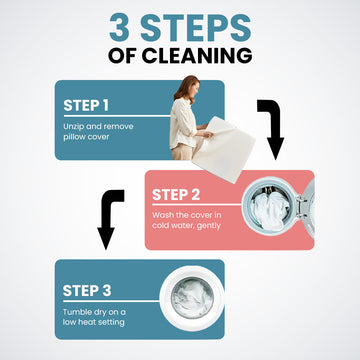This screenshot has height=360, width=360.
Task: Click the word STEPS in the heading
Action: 196,28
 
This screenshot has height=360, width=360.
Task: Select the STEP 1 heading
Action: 86,105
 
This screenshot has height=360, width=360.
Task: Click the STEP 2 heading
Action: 176,195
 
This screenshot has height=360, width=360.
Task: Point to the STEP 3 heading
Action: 87,290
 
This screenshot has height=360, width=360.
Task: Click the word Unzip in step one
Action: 72,127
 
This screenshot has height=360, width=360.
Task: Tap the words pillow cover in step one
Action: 86,137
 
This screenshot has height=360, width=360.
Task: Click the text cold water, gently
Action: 186,226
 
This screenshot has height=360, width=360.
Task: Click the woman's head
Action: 190,88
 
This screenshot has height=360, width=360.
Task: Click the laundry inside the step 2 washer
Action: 270,209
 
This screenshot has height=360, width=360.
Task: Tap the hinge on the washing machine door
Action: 300,207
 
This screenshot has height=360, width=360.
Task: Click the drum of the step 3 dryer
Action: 192,297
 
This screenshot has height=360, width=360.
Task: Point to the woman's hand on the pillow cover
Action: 207,134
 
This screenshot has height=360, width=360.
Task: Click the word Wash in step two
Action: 162,215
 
